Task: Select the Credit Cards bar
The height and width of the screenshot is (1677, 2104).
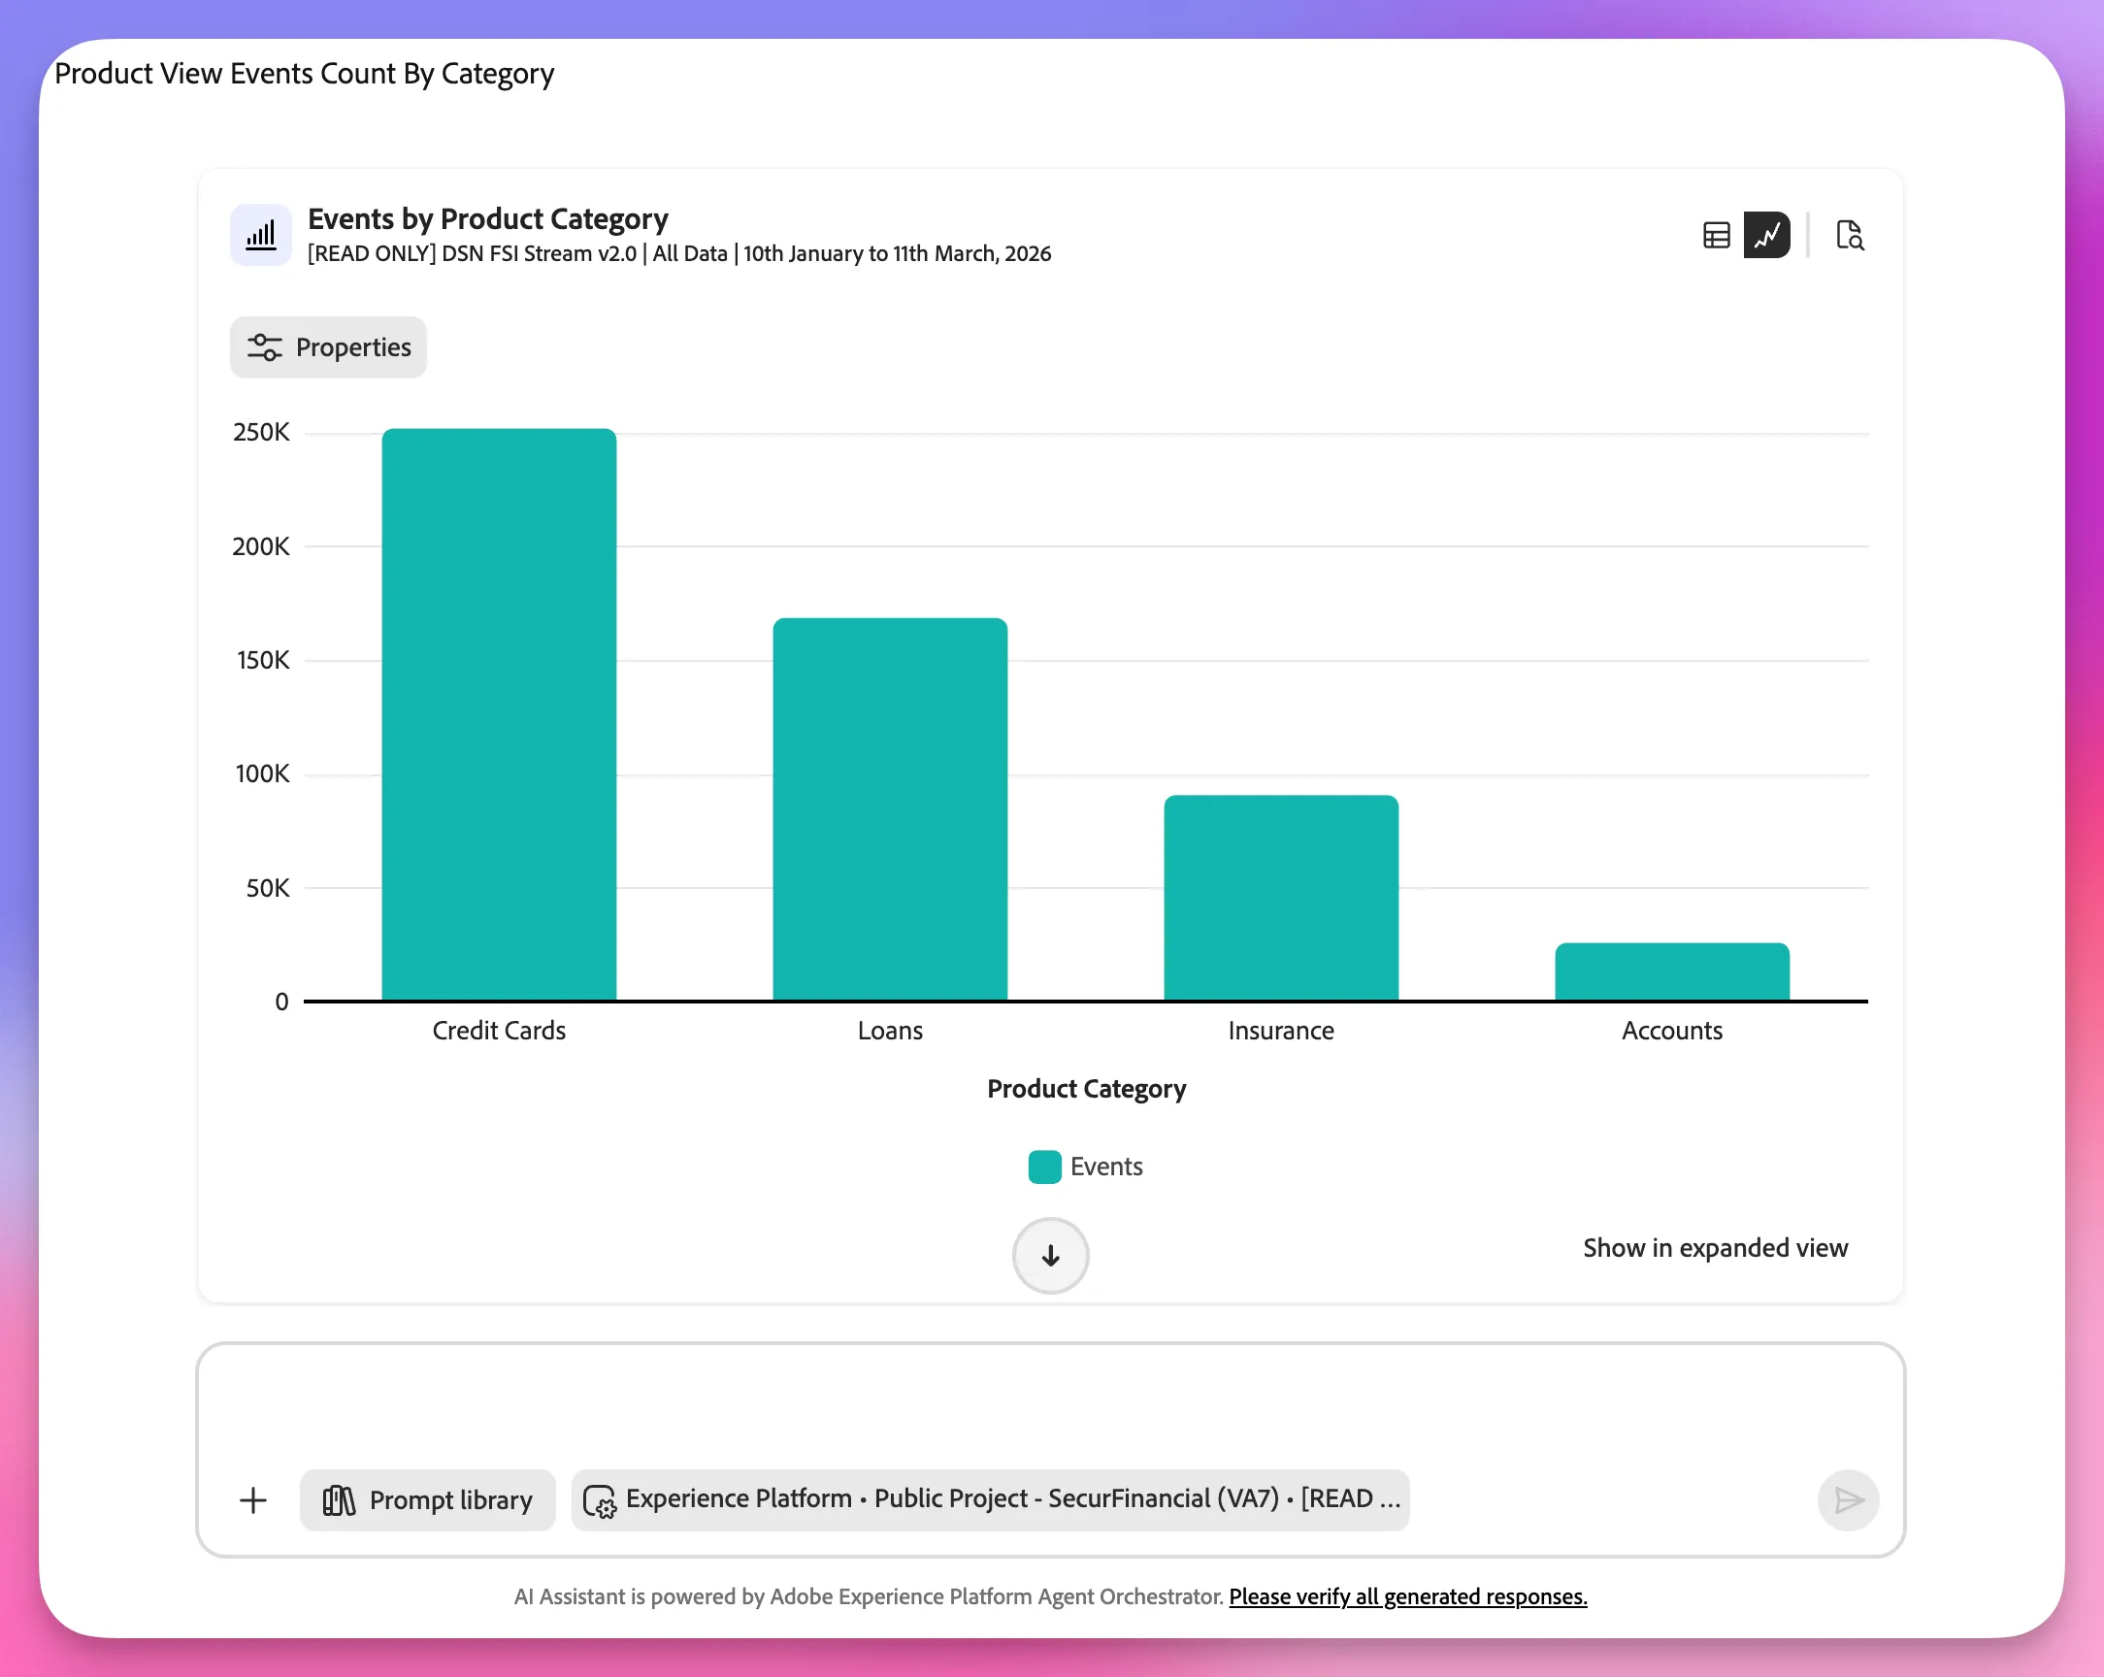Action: click(x=499, y=713)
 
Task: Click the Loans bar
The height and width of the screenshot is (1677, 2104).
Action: click(x=890, y=808)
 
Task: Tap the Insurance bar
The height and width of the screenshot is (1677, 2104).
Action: click(x=1280, y=897)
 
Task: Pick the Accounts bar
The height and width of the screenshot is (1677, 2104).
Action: click(x=1672, y=971)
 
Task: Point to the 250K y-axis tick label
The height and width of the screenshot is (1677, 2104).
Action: click(x=260, y=433)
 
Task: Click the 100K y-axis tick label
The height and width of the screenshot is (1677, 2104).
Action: click(x=262, y=774)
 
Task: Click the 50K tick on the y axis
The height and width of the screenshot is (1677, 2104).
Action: click(x=268, y=888)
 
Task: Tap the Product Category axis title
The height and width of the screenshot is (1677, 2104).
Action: click(x=1086, y=1088)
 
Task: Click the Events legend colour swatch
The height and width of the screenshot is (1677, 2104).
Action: click(x=1044, y=1167)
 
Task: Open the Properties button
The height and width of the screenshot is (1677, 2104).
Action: click(x=329, y=347)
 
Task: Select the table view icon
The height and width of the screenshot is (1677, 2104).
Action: click(x=1716, y=235)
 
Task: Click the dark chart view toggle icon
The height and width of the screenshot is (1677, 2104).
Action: click(x=1766, y=235)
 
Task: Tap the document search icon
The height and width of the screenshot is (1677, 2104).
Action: click(x=1850, y=235)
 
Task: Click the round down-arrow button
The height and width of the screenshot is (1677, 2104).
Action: click(x=1050, y=1255)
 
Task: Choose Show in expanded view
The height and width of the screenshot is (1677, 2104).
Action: click(x=1715, y=1248)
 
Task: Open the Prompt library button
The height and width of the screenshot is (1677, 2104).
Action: click(x=427, y=1500)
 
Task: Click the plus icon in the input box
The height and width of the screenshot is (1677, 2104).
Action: click(x=252, y=1500)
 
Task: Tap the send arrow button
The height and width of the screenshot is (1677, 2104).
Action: click(x=1848, y=1500)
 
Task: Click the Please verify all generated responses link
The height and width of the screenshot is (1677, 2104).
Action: click(x=1407, y=1597)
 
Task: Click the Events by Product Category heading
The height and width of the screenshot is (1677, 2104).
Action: click(x=488, y=219)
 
